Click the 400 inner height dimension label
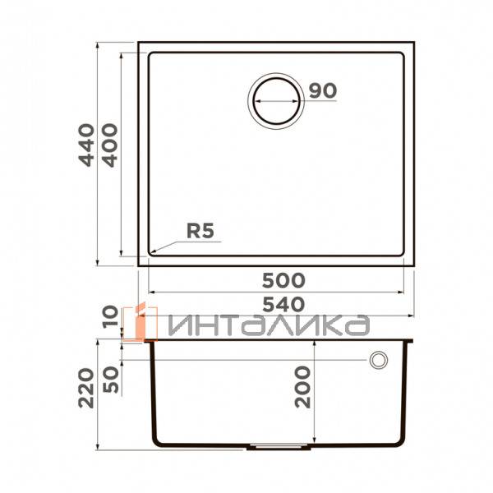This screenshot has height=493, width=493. pos(109,145)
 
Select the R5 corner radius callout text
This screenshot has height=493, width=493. pos(200,232)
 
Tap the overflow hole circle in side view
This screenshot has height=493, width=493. pos(379,360)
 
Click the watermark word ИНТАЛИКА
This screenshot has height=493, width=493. pos(267,325)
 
